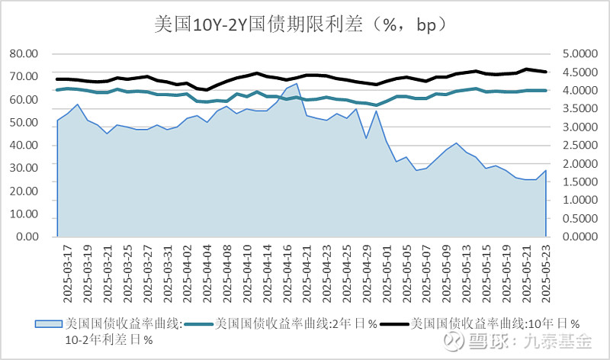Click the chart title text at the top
click(305, 24)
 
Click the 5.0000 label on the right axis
click(581, 54)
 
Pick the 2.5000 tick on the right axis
click(581, 146)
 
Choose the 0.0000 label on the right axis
click(581, 236)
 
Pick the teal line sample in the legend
click(201, 323)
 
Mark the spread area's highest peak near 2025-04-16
click(295, 84)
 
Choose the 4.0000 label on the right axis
click(581, 91)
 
